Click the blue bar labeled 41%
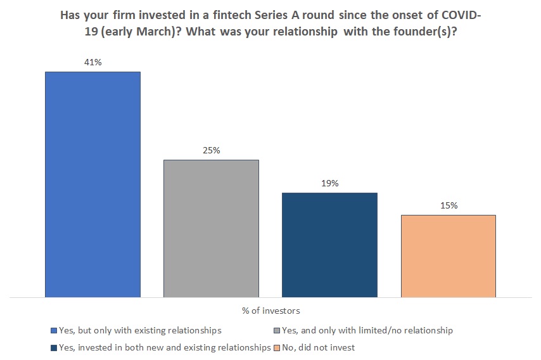point(92,184)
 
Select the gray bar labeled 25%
point(211,228)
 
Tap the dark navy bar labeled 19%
point(329,245)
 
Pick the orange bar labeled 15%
point(448,255)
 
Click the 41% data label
point(92,63)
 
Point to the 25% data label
point(211,151)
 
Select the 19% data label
point(329,184)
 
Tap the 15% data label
point(448,206)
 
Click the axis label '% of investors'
point(270,311)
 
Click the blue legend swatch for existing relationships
point(53,331)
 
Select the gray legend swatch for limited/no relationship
point(276,331)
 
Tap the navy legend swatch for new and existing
point(53,347)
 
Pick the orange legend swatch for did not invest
point(276,347)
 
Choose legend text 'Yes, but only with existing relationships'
point(139,331)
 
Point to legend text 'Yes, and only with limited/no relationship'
point(367,331)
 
